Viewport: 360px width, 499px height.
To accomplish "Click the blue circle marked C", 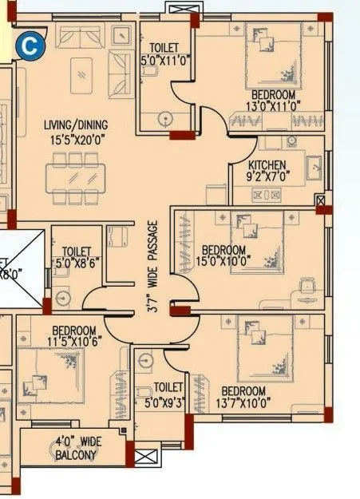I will [x=30, y=46].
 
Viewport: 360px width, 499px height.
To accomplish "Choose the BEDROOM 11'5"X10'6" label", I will [x=74, y=336].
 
